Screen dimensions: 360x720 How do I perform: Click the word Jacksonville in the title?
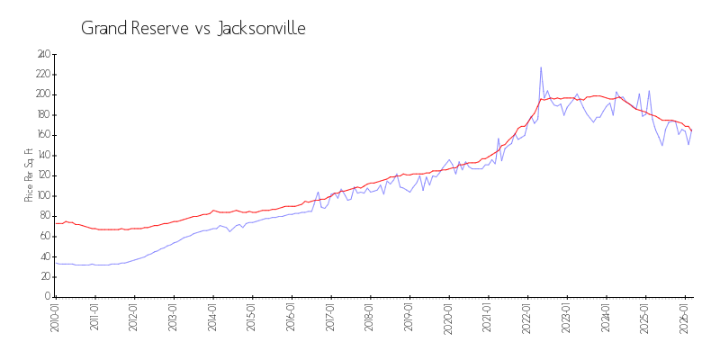pyautogui.click(x=262, y=29)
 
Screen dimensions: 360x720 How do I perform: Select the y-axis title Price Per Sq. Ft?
pyautogui.click(x=29, y=175)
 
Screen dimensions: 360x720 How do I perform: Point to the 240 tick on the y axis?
pyautogui.click(x=42, y=54)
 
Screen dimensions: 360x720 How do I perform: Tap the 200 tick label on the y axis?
pyautogui.click(x=42, y=94)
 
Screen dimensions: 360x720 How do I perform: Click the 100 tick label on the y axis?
pyautogui.click(x=42, y=195)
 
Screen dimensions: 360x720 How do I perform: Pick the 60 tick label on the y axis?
pyautogui.click(x=44, y=236)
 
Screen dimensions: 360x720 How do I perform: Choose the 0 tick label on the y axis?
pyautogui.click(x=47, y=296)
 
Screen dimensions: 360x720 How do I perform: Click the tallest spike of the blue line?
pyautogui.click(x=541, y=67)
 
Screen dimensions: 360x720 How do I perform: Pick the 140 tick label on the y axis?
pyautogui.click(x=42, y=155)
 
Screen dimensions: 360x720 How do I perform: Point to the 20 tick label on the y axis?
pyautogui.click(x=44, y=276)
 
